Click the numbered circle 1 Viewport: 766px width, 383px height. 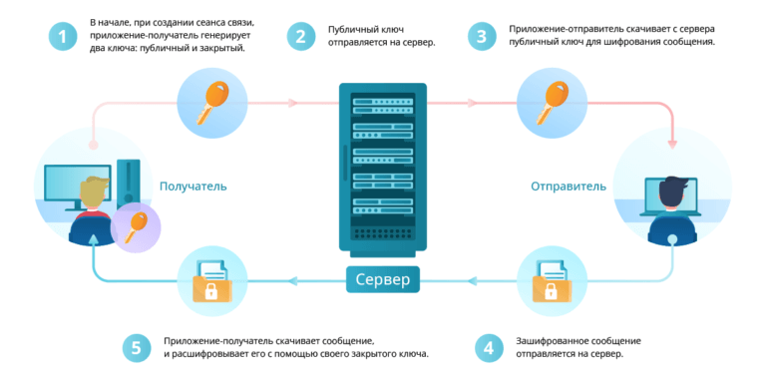click(63, 37)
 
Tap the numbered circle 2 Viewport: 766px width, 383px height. click(300, 37)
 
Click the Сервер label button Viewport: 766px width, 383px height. click(383, 280)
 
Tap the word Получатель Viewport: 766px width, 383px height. click(193, 186)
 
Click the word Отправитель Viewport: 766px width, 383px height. click(569, 186)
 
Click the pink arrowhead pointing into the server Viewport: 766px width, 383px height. click(294, 103)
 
